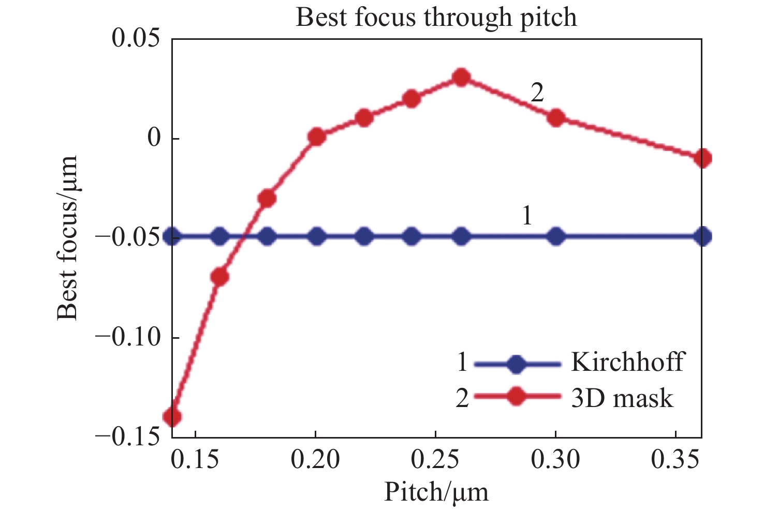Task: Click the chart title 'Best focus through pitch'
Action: coord(436,17)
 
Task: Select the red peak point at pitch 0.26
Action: coord(461,78)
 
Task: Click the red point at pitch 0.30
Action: coord(556,118)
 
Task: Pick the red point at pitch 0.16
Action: coord(219,277)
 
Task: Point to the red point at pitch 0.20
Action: coord(316,137)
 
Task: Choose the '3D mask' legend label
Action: coord(622,398)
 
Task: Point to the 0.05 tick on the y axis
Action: coord(137,39)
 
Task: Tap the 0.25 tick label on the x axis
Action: coord(435,459)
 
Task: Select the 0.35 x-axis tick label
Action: coord(675,459)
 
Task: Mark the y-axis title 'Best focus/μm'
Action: coord(67,237)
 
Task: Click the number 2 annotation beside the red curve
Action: coord(537,94)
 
